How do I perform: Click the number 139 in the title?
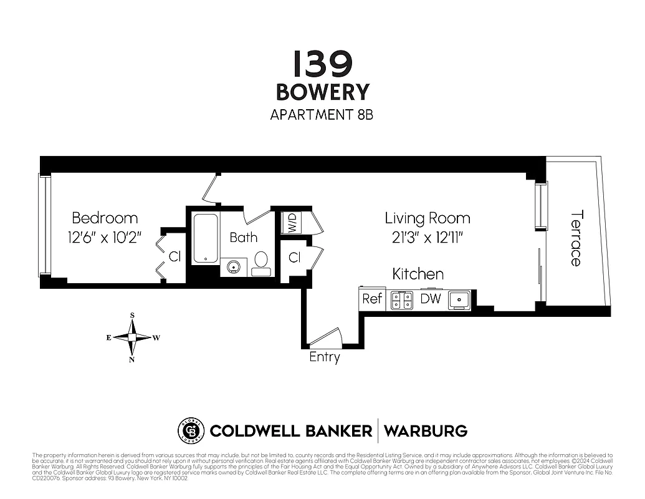(x=323, y=64)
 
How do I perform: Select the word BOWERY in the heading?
(x=323, y=92)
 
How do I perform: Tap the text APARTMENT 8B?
(x=322, y=115)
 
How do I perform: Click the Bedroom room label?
(x=105, y=218)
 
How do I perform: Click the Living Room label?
(x=427, y=218)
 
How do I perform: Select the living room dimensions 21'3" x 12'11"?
(x=427, y=237)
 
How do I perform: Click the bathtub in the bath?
(x=205, y=238)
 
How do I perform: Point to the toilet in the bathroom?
(x=261, y=264)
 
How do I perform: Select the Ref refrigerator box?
(x=372, y=299)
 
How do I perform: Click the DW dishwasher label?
(x=430, y=299)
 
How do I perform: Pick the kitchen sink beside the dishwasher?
(x=459, y=300)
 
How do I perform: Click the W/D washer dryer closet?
(x=291, y=222)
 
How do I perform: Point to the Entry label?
(x=325, y=357)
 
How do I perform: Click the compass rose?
(x=132, y=337)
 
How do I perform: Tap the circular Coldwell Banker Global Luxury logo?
(x=191, y=430)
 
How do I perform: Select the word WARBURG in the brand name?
(x=426, y=430)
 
